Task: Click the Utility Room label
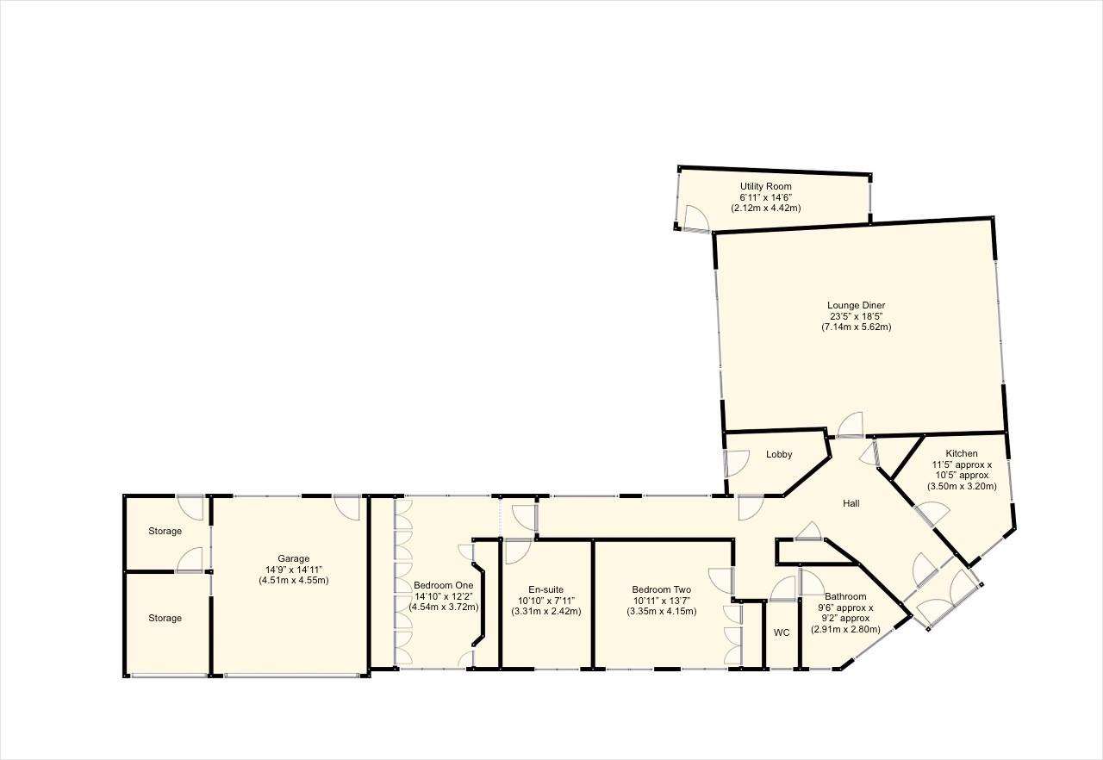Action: [x=765, y=186]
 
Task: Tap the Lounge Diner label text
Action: [x=856, y=305]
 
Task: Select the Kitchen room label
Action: [x=962, y=453]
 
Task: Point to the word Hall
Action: [x=851, y=503]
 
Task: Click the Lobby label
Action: [x=778, y=455]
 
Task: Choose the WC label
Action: [x=781, y=632]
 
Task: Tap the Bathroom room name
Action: [x=845, y=596]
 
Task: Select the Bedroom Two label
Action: [x=661, y=589]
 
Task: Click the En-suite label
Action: [x=546, y=589]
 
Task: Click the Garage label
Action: [x=293, y=558]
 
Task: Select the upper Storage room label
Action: [x=164, y=531]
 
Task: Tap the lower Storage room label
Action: [x=164, y=618]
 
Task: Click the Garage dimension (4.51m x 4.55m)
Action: [x=293, y=581]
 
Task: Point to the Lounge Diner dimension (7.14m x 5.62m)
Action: [x=856, y=327]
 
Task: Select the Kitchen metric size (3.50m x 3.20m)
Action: [x=962, y=487]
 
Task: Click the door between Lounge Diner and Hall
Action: [x=851, y=426]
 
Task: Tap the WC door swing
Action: [x=782, y=589]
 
